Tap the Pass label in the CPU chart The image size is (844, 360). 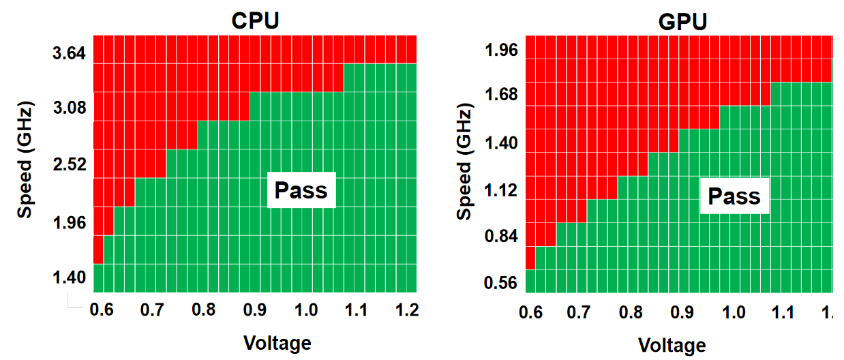pos(301,190)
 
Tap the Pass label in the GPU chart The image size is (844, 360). pos(734,196)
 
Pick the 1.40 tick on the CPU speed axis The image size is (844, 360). pos(68,277)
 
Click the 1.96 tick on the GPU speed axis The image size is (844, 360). pos(502,51)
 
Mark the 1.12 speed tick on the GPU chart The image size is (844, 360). pos(502,190)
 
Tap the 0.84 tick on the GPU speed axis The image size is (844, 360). pos(502,237)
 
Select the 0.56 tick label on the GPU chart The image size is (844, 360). pos(502,283)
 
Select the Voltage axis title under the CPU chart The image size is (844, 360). pos(277,342)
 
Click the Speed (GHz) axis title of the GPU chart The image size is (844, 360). pos(464,163)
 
